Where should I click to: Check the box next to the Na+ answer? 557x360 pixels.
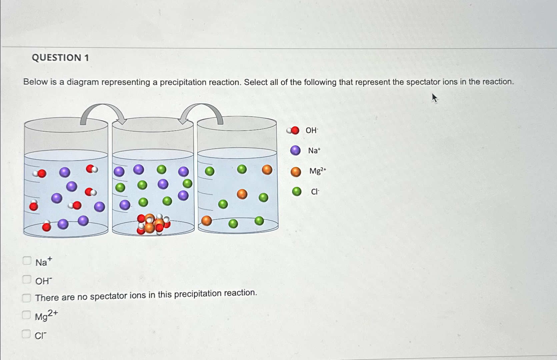[27, 261]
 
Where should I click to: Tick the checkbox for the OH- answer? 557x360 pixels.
[27, 279]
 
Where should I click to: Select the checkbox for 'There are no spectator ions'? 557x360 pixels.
[27, 298]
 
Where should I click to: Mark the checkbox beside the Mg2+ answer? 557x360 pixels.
[26, 315]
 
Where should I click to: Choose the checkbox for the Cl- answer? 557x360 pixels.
[26, 334]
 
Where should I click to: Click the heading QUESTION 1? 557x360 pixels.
[60, 58]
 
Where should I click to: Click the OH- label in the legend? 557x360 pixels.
[312, 130]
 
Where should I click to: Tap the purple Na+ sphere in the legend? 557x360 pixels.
[295, 150]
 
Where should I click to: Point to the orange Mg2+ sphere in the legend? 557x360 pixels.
[296, 172]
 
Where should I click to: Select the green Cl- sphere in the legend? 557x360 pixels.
[296, 191]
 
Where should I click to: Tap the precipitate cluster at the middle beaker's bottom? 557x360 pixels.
[153, 224]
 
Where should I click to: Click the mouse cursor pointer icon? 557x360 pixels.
[434, 98]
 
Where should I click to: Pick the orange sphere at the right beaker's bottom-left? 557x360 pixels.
[206, 220]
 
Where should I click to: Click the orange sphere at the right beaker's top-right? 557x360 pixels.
[267, 170]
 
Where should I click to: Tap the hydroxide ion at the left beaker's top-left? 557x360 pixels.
[40, 173]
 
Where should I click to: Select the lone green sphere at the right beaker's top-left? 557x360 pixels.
[209, 171]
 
